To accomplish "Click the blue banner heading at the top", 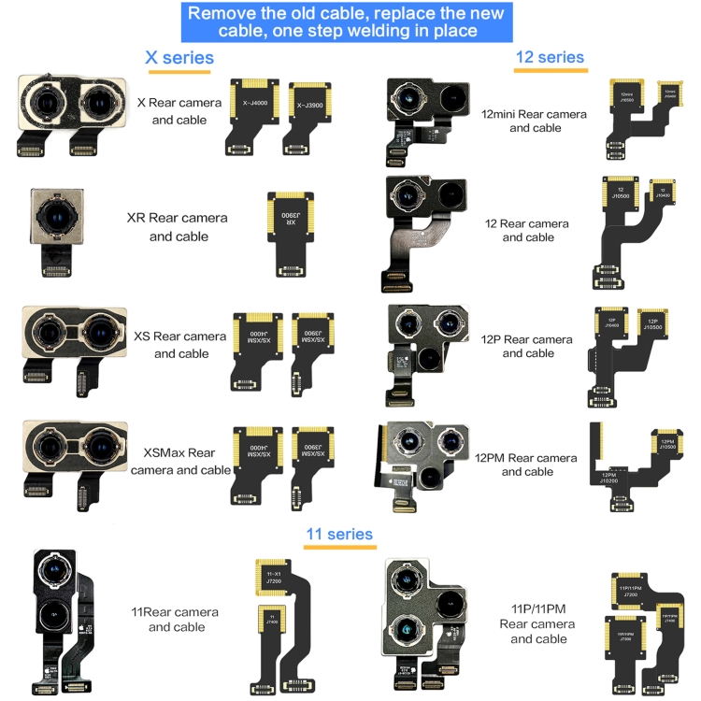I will point(346,22).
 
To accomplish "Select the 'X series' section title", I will point(179,58).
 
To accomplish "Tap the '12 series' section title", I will point(551,57).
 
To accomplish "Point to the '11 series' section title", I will point(339,535).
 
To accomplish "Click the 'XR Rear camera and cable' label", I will point(178,227).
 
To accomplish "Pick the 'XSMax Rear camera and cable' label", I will point(180,462).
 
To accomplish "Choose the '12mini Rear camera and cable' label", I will point(534,121).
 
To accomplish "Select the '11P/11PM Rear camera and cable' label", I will point(538,623).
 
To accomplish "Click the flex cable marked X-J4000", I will point(251,118).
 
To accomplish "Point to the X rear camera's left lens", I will point(48,102).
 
